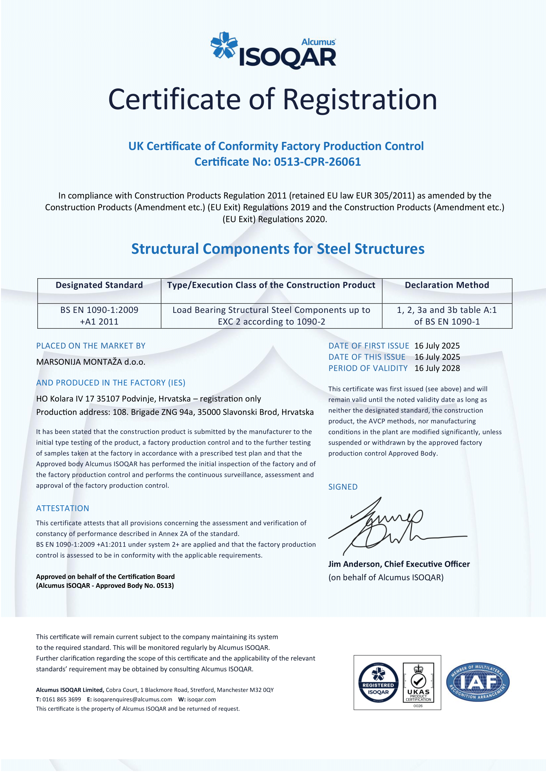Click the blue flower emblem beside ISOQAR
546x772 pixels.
[223, 45]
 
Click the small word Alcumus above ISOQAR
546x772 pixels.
[318, 42]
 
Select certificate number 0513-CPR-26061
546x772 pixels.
[317, 162]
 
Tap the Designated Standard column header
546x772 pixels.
[99, 285]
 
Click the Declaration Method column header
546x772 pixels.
[447, 285]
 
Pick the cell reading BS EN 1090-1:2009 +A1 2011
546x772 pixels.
[99, 316]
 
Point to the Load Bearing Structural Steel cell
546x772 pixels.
[271, 316]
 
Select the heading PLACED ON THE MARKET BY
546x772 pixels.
[91, 346]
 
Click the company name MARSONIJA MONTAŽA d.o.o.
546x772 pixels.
[91, 362]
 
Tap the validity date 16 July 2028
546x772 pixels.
[437, 368]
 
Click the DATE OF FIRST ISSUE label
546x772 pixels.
[368, 346]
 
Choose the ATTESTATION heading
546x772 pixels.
[62, 508]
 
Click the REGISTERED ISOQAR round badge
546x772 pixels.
[378, 683]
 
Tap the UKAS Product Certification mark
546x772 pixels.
[418, 683]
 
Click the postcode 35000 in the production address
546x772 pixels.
[208, 412]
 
